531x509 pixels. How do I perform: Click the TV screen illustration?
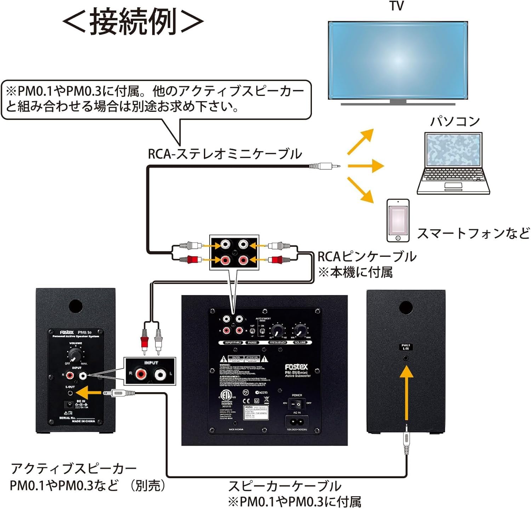398,60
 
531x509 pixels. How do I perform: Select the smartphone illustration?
398,220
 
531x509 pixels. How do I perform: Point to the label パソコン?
455,121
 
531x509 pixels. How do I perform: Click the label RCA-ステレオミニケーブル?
225,154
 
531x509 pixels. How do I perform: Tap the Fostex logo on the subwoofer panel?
296,367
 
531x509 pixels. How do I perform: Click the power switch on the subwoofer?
296,404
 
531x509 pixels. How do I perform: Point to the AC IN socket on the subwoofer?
296,422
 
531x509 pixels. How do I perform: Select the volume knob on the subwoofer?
300,331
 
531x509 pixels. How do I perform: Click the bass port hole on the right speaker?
406,307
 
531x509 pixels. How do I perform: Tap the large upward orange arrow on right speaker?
406,393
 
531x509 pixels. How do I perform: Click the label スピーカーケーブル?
285,486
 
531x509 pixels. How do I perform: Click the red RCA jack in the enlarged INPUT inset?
141,373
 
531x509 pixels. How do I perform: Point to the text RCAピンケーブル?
367,257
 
